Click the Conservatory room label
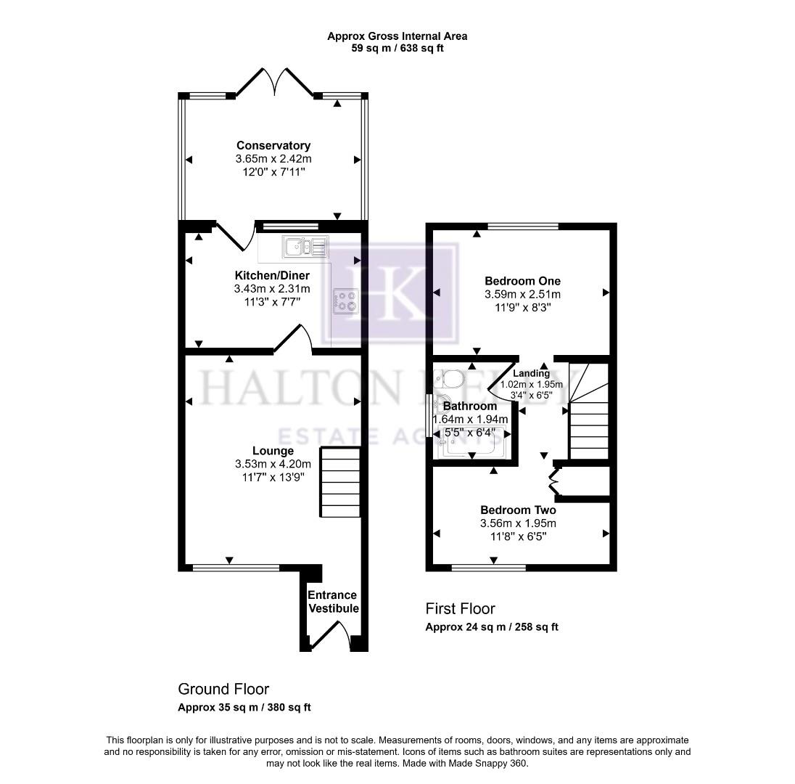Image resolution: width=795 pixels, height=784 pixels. (273, 146)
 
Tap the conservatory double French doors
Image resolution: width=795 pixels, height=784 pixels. (274, 83)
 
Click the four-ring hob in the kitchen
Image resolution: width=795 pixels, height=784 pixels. (345, 300)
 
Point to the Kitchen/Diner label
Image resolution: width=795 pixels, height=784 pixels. (272, 275)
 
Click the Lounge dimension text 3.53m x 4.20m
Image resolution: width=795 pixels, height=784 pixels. (273, 465)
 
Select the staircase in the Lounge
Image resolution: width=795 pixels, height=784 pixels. (341, 483)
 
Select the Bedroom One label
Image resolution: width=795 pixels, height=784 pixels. (522, 281)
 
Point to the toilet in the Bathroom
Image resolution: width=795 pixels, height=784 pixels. (450, 380)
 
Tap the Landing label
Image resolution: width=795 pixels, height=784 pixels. (532, 373)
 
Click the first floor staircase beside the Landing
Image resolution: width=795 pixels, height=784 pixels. (588, 421)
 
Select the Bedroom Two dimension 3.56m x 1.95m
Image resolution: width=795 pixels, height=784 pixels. (518, 523)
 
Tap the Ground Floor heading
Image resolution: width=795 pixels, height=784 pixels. (223, 689)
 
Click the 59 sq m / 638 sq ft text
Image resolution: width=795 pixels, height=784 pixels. (397, 49)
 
